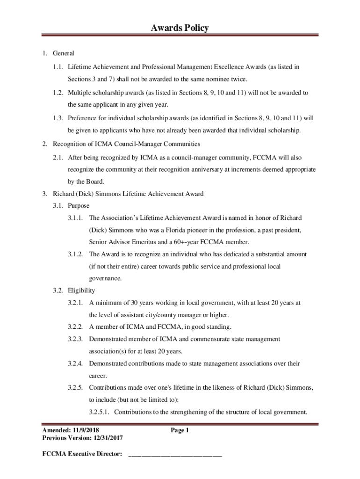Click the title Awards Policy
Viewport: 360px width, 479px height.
[180, 28]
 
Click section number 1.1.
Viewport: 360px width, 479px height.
[58, 67]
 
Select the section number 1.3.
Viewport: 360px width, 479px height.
[58, 117]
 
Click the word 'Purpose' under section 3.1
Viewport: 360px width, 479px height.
[79, 205]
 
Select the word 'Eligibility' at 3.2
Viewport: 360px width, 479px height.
[81, 290]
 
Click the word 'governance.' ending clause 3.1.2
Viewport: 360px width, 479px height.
[105, 278]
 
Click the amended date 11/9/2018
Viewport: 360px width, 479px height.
[86, 430]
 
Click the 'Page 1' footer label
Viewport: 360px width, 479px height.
[180, 430]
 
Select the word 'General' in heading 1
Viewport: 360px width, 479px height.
[64, 53]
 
